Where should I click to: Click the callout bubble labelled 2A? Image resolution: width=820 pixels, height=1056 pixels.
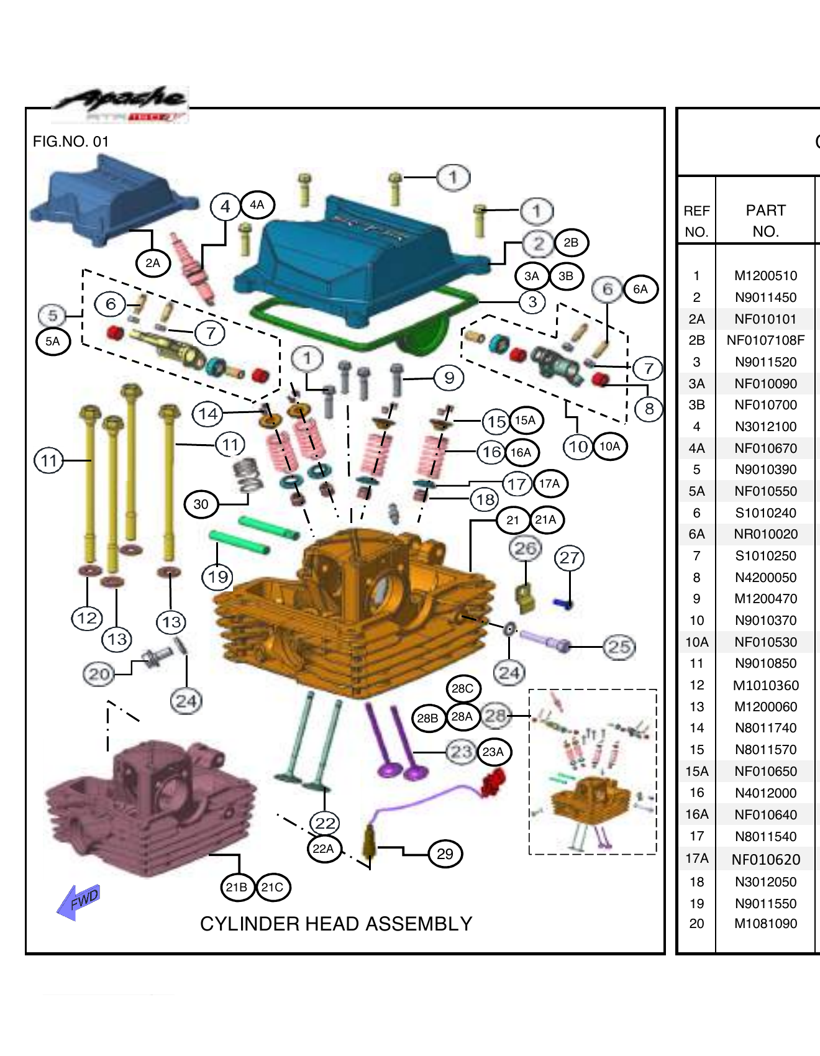pos(153,263)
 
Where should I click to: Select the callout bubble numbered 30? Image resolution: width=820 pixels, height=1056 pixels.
pos(201,504)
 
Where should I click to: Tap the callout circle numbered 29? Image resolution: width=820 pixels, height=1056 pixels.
pos(445,854)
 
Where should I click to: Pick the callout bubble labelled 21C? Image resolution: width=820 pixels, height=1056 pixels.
pos(272,887)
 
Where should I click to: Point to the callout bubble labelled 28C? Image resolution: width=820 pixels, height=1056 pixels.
pos(463,688)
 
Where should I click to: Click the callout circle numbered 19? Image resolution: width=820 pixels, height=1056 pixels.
pos(217,577)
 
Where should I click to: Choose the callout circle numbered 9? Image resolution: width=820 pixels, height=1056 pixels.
pos(449,378)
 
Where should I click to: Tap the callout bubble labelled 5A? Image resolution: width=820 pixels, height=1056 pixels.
pos(53,341)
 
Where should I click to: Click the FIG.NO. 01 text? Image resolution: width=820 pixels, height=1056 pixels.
pos(71,142)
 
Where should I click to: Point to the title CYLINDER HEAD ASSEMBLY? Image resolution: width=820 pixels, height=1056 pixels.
pos(336,924)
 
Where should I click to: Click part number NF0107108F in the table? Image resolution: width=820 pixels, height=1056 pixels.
pos(765,340)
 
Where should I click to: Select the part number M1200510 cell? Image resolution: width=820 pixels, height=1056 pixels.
pos(765,276)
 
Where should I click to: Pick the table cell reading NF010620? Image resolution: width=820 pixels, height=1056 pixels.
pos(765,859)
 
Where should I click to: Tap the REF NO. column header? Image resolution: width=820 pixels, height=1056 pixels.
pos(696,221)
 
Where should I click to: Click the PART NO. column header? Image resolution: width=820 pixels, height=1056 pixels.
pos(765,221)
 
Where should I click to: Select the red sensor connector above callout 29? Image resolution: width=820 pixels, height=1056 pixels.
pos(494,781)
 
